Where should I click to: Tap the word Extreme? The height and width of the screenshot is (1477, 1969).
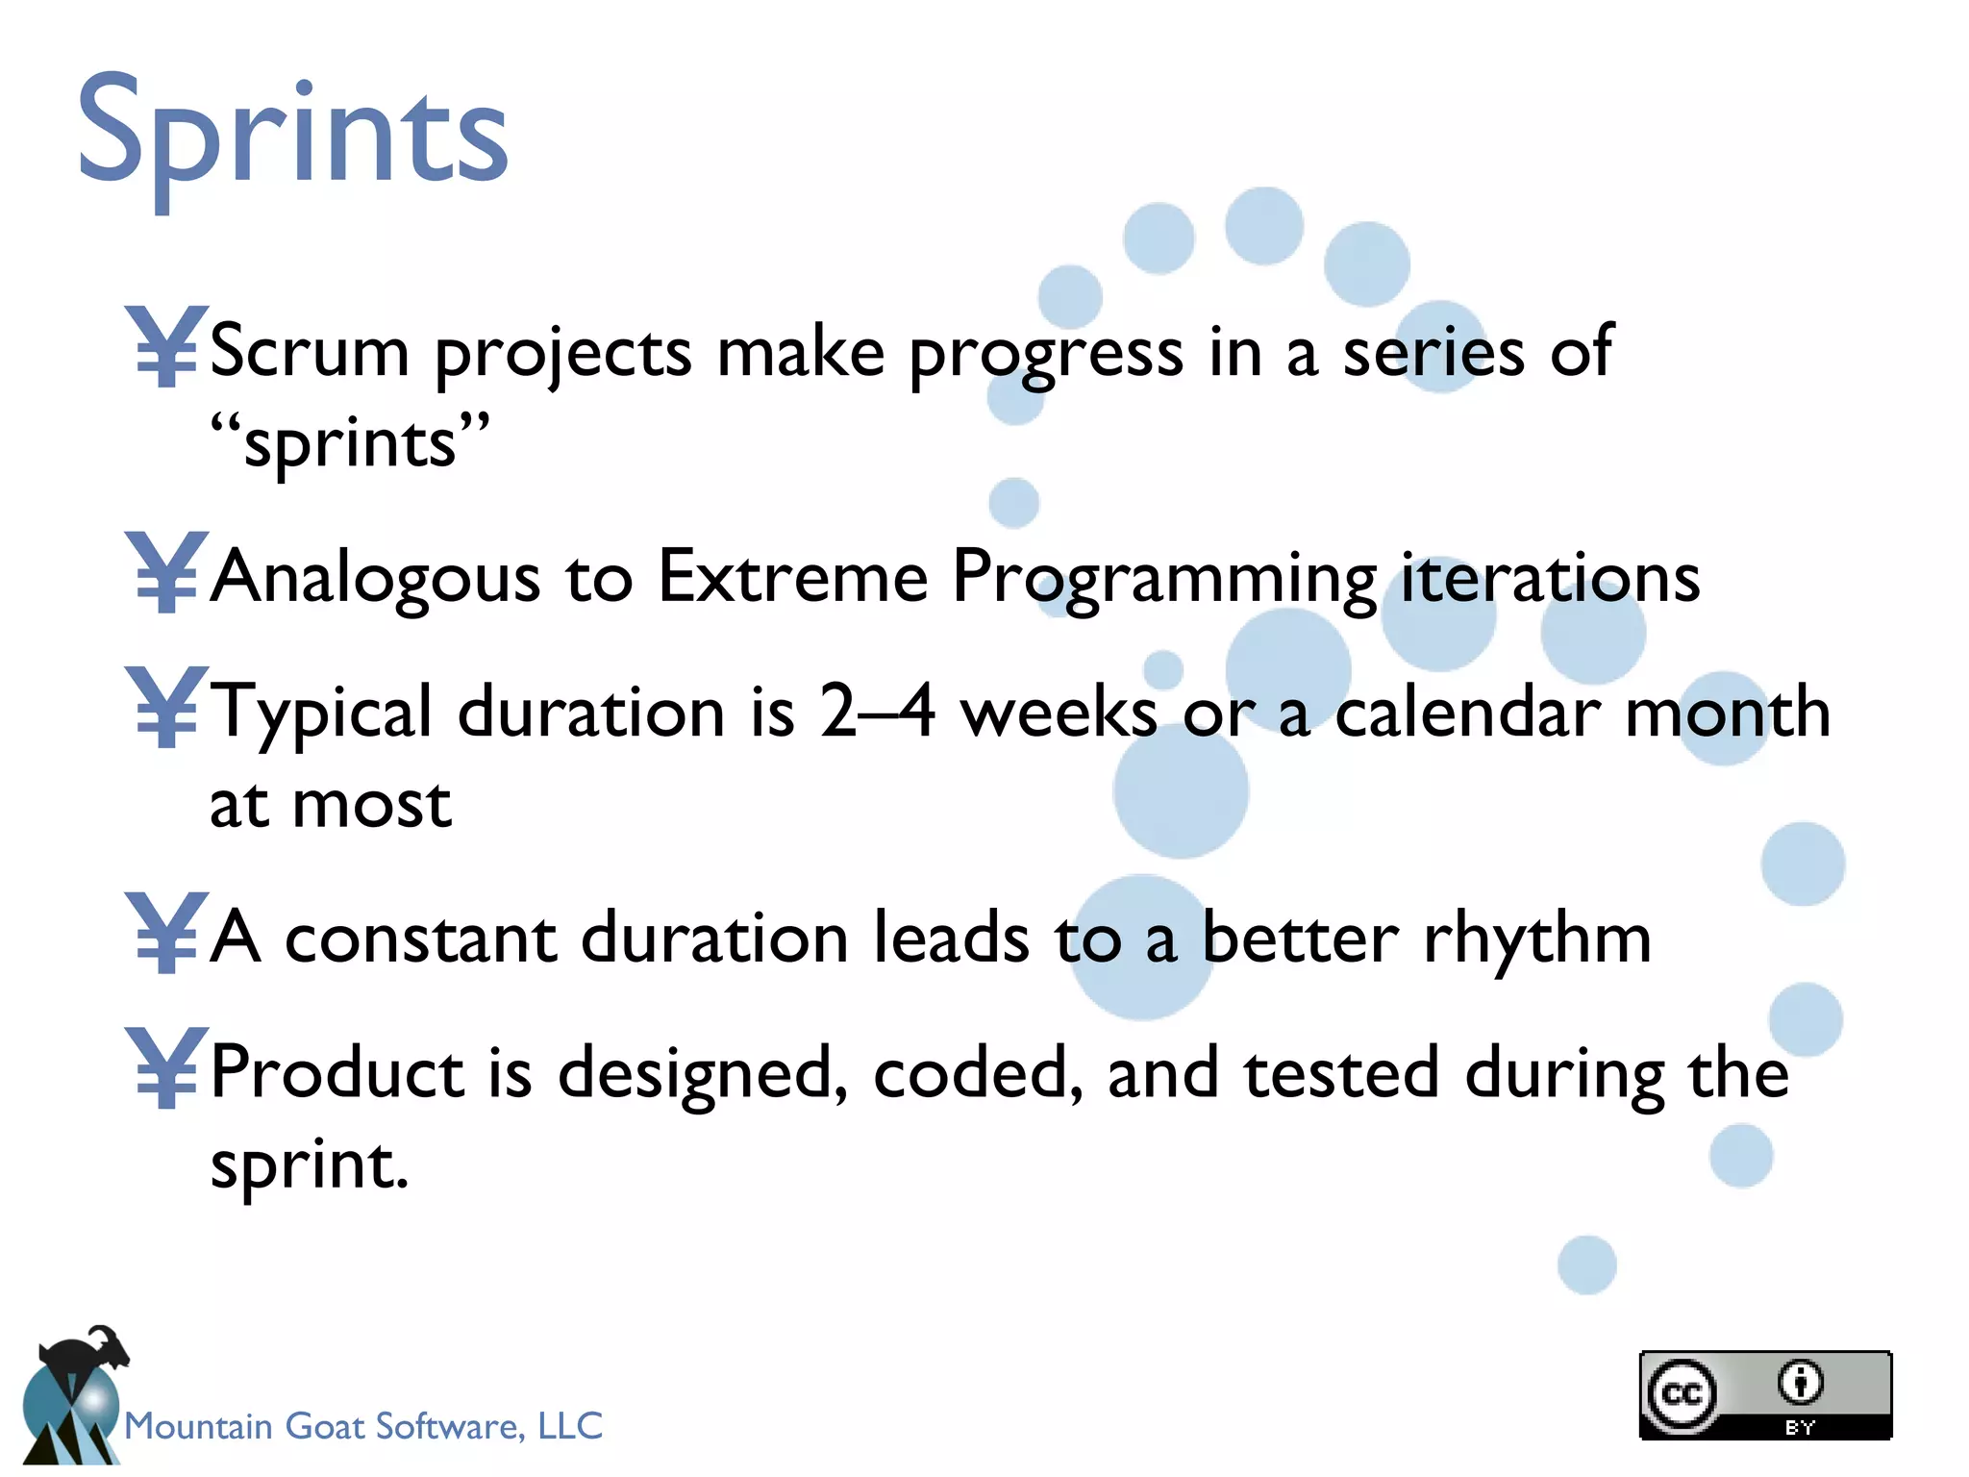coord(792,577)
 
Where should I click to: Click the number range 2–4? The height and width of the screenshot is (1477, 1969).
coord(877,712)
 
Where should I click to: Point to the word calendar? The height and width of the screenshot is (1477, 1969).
coord(1467,713)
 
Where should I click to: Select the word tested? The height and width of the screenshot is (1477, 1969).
coord(1341,1073)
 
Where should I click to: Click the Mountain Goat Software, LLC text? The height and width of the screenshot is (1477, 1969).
coord(363,1425)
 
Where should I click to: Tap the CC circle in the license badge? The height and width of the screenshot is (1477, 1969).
coord(1682,1393)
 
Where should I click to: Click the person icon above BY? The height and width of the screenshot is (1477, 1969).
coord(1800,1383)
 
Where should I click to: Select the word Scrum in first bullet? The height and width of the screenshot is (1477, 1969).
coord(310,351)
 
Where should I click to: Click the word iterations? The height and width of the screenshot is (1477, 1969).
coord(1550,578)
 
